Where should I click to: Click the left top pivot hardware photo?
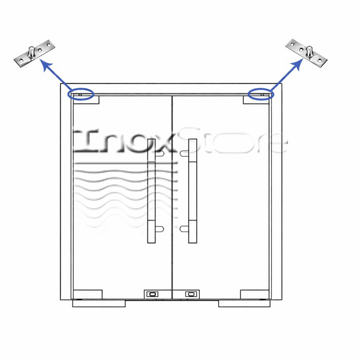(34, 53)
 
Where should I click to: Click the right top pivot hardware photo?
(306, 53)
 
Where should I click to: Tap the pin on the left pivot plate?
(31, 52)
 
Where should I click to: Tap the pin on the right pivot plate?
(310, 52)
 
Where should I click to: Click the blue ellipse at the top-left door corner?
(81, 94)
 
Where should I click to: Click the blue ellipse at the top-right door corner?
(261, 94)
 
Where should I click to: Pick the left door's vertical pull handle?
(151, 191)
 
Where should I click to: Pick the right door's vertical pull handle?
(193, 191)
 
